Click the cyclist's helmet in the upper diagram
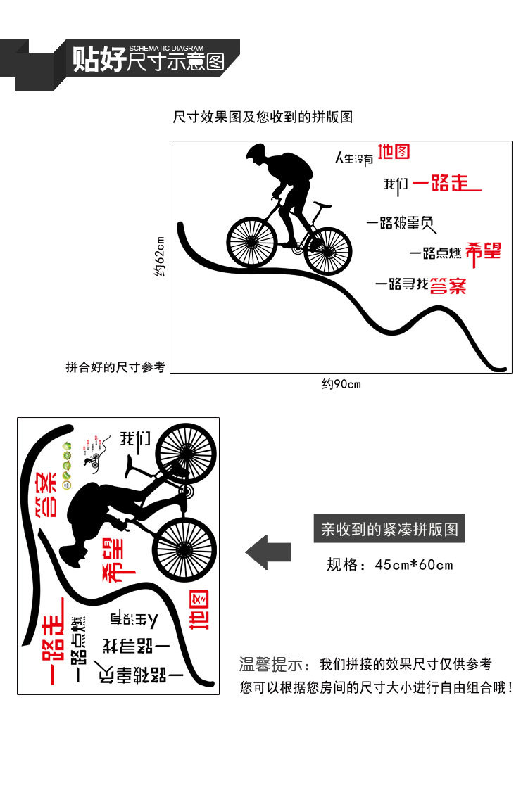pyautogui.click(x=256, y=151)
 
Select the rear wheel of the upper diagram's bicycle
pyautogui.click(x=328, y=250)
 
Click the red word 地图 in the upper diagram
pyautogui.click(x=394, y=152)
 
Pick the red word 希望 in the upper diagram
pyautogui.click(x=484, y=250)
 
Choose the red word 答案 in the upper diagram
pyautogui.click(x=448, y=285)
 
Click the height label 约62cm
pyautogui.click(x=159, y=257)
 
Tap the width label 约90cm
pyautogui.click(x=341, y=384)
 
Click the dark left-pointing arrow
pyautogui.click(x=268, y=552)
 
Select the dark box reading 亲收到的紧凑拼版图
pyautogui.click(x=389, y=528)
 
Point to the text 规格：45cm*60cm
pyautogui.click(x=389, y=564)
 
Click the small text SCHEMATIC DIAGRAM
pyautogui.click(x=166, y=48)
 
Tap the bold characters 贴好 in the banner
pyautogui.click(x=99, y=61)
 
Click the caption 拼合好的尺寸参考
pyautogui.click(x=115, y=367)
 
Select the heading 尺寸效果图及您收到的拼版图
pyautogui.click(x=263, y=117)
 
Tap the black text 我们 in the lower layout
pyautogui.click(x=135, y=440)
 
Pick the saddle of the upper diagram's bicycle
pyautogui.click(x=322, y=205)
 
